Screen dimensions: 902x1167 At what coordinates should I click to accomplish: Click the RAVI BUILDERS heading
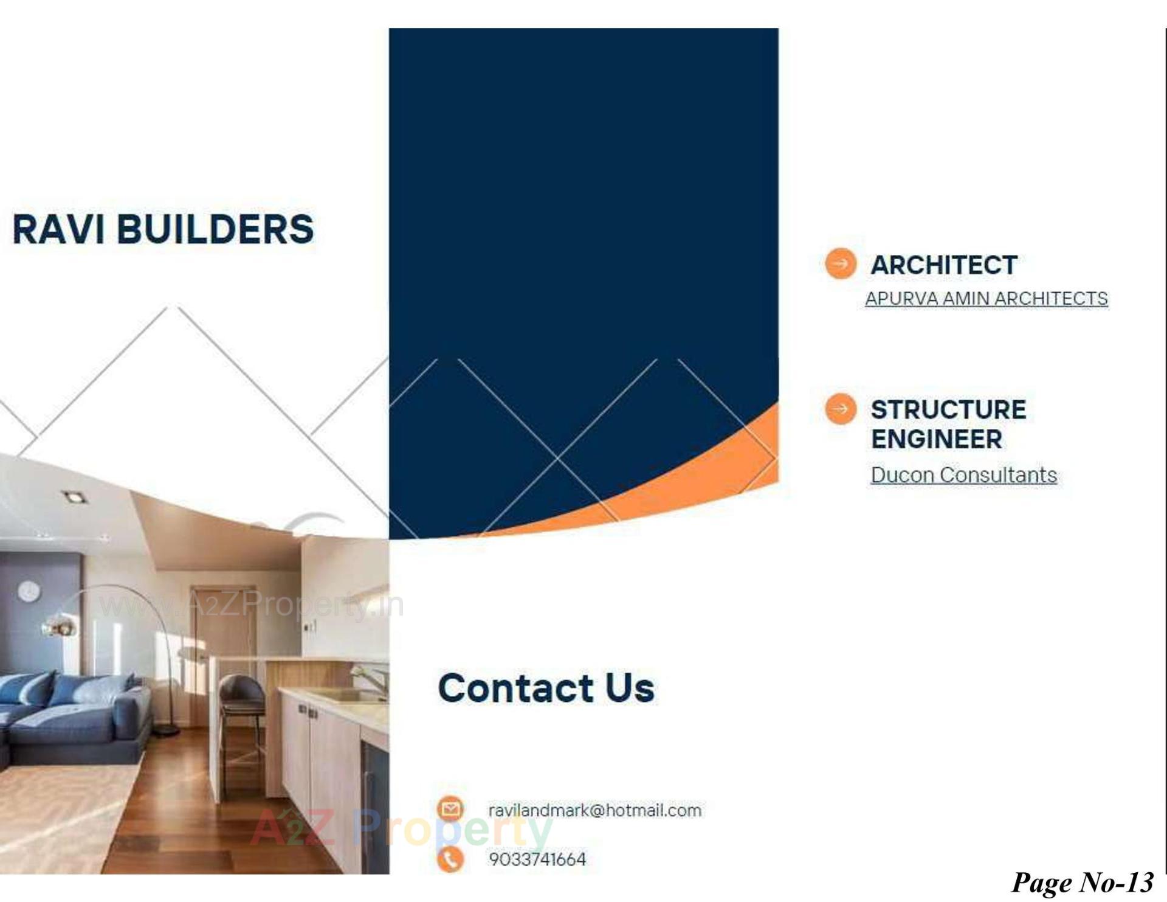[163, 229]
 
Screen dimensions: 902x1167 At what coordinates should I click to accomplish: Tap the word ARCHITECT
[944, 265]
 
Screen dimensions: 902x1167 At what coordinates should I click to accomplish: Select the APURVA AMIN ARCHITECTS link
[986, 299]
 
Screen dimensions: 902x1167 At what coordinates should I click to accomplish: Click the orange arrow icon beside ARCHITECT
[841, 264]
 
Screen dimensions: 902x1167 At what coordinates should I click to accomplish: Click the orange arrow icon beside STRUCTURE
[841, 409]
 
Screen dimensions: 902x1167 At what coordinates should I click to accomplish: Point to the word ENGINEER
[936, 439]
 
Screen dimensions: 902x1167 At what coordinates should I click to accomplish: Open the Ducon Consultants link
[963, 475]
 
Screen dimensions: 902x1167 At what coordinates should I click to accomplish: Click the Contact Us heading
[546, 688]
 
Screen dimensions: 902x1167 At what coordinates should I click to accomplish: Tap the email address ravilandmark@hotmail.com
[594, 810]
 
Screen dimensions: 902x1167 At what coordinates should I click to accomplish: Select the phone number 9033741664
[537, 859]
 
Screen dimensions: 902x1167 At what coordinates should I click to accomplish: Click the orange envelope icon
[450, 810]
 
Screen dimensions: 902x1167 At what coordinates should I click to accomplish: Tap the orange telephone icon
[450, 859]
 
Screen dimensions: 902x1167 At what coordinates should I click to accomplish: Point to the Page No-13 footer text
[1082, 882]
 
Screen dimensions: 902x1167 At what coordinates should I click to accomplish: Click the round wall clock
[29, 591]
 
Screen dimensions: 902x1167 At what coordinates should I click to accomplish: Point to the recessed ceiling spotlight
[74, 498]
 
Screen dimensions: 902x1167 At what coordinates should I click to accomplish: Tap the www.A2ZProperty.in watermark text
[250, 605]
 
